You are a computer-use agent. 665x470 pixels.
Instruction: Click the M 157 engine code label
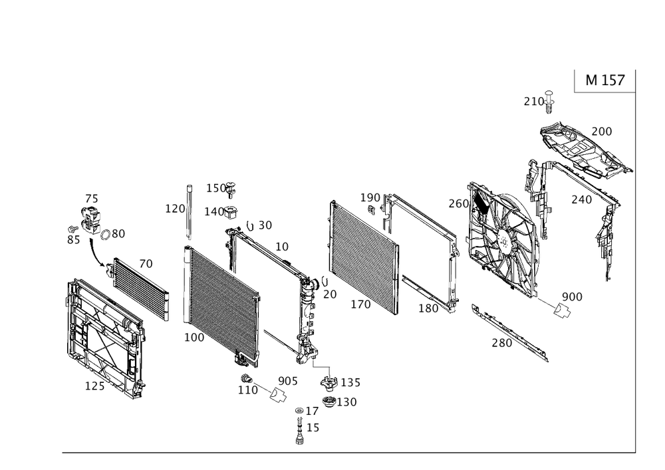point(604,80)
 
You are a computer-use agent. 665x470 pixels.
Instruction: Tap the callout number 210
point(533,102)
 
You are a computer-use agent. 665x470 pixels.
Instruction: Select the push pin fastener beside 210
point(550,102)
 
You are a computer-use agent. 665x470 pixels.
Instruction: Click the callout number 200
point(601,132)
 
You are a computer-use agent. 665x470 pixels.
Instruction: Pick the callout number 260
point(459,204)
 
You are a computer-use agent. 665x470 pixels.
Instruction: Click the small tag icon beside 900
point(563,310)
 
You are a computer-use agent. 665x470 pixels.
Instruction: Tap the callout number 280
point(501,342)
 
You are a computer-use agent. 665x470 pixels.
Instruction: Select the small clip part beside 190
point(371,209)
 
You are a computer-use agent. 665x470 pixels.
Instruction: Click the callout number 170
point(360,304)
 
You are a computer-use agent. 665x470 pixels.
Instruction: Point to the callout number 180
point(428,308)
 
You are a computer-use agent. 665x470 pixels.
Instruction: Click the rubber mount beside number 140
point(232,212)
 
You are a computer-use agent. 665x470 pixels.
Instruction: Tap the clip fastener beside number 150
point(231,189)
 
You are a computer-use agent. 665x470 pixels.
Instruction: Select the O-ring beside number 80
point(106,235)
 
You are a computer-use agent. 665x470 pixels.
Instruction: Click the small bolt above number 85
point(73,229)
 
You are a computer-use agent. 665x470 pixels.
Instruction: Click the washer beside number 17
point(299,411)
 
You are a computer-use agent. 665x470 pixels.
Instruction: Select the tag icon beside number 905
point(279,396)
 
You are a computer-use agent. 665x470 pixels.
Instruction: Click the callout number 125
point(94,386)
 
